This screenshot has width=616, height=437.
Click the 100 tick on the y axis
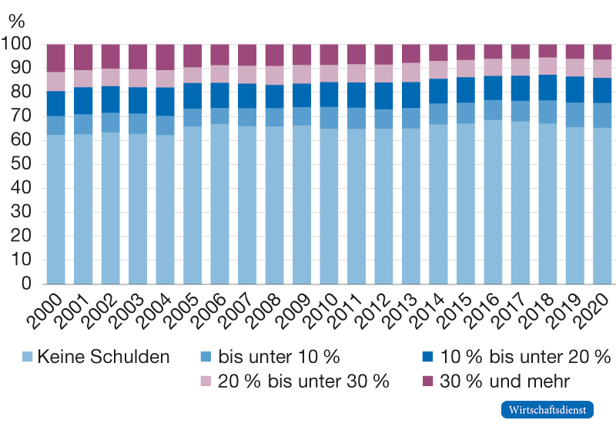point(18,45)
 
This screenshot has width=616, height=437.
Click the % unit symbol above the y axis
point(16,21)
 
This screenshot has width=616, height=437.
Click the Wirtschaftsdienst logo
point(547,409)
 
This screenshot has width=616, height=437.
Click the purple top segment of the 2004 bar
point(166,57)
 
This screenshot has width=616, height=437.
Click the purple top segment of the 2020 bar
point(602,52)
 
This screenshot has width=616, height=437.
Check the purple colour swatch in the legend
point(429,381)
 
